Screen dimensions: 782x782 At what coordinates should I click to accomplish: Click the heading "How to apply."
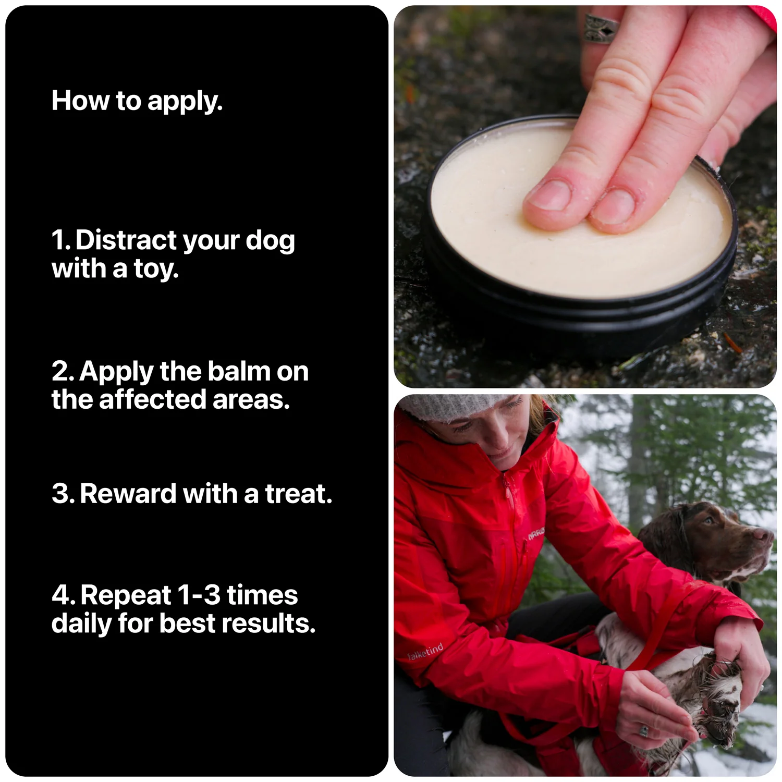point(137,101)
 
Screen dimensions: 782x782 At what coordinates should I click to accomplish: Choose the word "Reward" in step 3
point(128,493)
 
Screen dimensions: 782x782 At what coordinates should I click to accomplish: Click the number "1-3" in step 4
point(199,595)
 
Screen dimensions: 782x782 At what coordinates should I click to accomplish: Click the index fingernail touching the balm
point(549,194)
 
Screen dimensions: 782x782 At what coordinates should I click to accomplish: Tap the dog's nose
point(765,535)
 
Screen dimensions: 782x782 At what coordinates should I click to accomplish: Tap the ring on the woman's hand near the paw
point(644,731)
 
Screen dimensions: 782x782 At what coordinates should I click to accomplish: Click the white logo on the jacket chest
point(535,534)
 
